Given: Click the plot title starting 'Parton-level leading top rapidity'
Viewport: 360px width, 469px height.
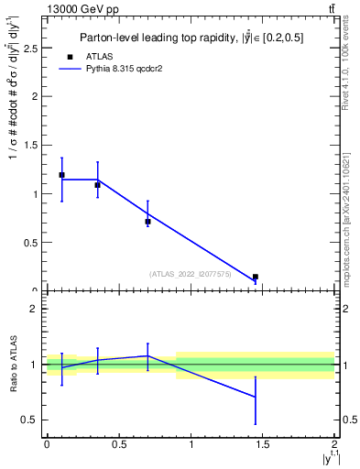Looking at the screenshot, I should [191, 38].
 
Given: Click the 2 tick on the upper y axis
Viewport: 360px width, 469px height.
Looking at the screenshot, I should [38, 95].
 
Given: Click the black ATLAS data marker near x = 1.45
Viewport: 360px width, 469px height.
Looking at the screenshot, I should [256, 277].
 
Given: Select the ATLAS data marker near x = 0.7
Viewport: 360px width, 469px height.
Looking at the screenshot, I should [147, 221].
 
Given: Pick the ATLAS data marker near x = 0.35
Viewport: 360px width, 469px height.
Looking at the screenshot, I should [97, 185].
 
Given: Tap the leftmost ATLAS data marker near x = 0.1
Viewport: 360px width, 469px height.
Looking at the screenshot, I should [61, 175].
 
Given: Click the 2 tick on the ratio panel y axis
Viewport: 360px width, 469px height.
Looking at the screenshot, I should [38, 309].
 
